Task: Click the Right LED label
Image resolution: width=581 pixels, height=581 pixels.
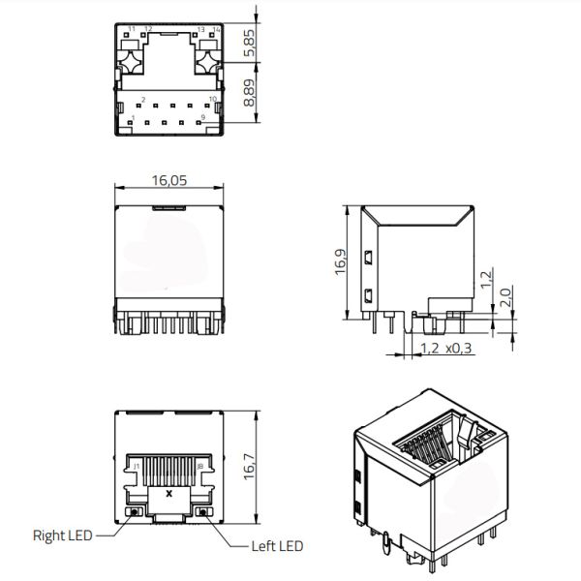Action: (63, 535)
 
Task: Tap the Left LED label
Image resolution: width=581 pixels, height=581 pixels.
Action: (277, 546)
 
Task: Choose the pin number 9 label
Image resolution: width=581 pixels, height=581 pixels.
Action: (201, 118)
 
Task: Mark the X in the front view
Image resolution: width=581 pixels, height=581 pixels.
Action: (170, 493)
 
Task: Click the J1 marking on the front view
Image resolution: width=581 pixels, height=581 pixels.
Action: (137, 467)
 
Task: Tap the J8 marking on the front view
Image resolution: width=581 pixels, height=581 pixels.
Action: (199, 467)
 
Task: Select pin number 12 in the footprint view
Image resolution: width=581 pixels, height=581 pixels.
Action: (148, 29)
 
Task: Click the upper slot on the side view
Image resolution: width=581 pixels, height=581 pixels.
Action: (369, 258)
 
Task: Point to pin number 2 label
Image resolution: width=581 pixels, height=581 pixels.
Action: (143, 100)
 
